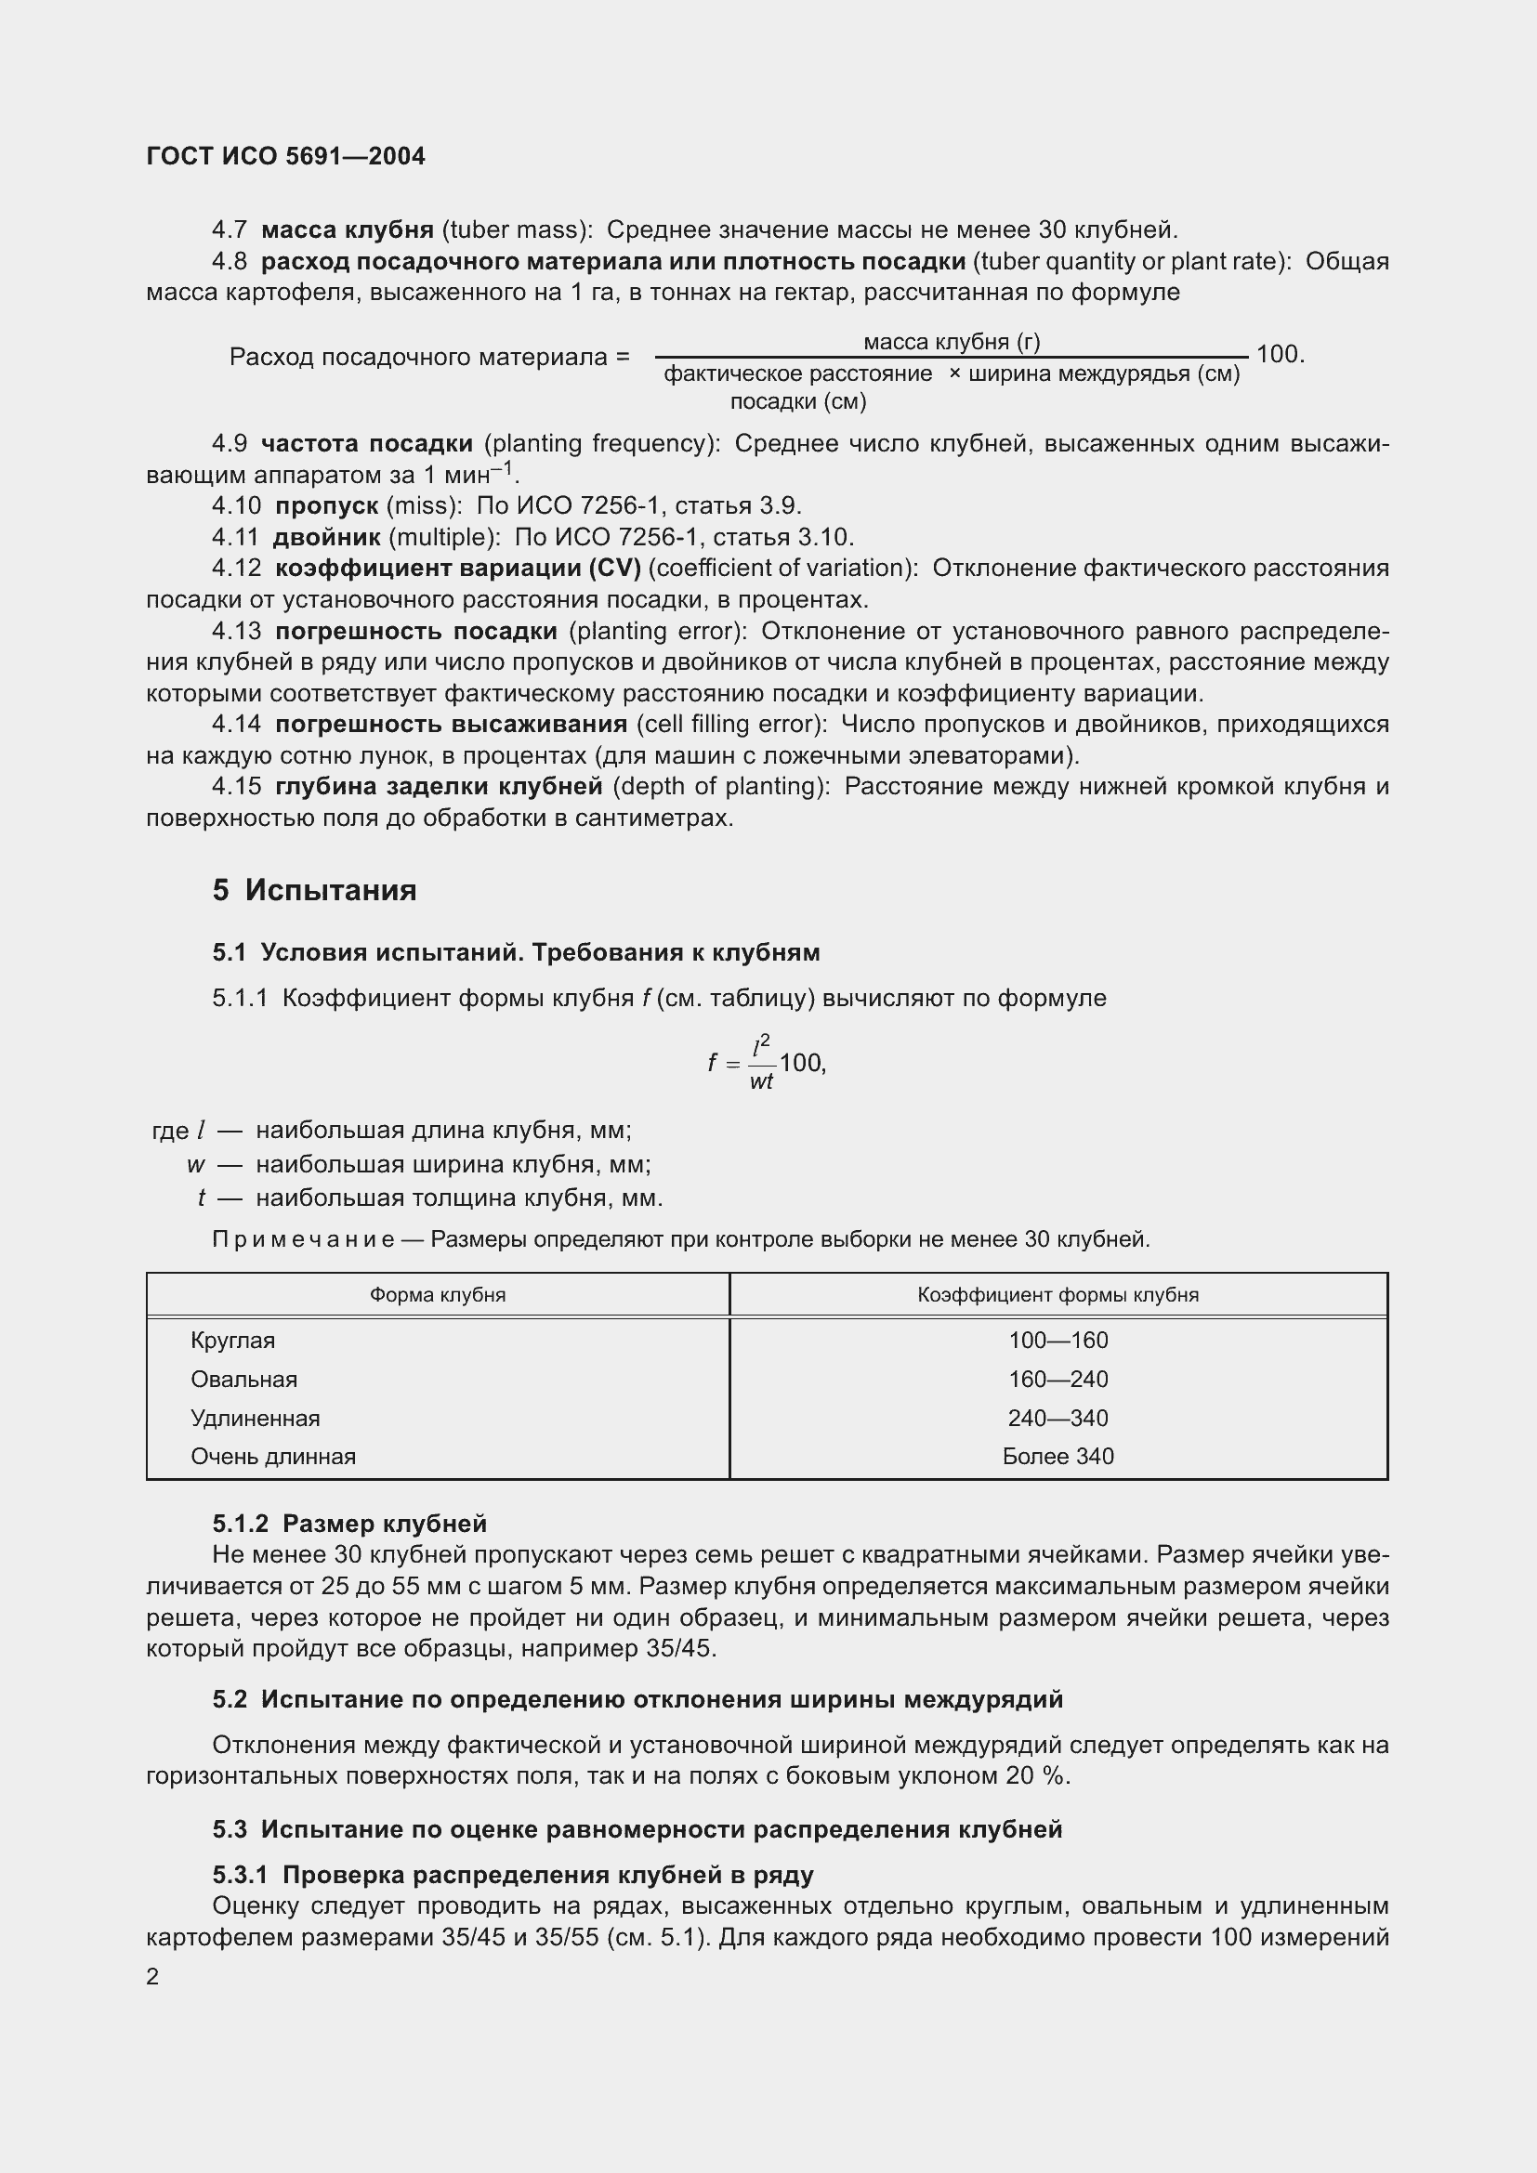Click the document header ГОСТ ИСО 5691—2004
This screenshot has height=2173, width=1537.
click(x=286, y=156)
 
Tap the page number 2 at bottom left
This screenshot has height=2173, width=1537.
click(x=152, y=1976)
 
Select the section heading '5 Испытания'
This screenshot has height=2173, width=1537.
click(x=314, y=891)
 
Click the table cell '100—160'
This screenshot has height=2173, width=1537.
click(x=1058, y=1341)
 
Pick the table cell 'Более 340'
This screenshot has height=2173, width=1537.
click(x=1058, y=1456)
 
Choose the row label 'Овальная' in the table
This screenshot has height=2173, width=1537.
click(x=244, y=1379)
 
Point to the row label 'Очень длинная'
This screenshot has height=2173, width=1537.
click(x=272, y=1456)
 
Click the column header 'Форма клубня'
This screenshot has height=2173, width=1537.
click(x=438, y=1295)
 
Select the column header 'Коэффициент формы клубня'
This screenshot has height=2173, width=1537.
click(x=1058, y=1295)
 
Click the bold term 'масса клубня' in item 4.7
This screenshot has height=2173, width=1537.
click(x=348, y=230)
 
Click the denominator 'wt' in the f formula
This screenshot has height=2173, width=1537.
click(x=761, y=1080)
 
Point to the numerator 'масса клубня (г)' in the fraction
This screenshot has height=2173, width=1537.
click(x=952, y=342)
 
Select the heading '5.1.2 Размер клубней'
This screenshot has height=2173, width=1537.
click(x=349, y=1524)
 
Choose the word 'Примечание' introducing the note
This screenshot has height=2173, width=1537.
click(x=303, y=1239)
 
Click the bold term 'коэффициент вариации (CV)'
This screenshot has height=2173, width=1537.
click(x=458, y=568)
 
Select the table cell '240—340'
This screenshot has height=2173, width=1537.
click(x=1058, y=1418)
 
